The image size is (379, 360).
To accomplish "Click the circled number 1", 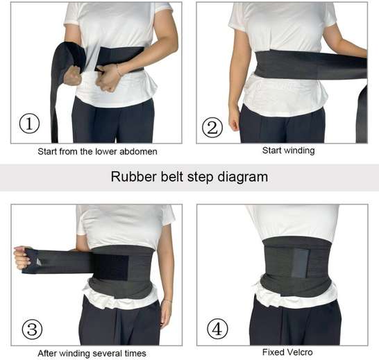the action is coord(29,123).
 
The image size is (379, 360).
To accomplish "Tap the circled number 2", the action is coord(212,128).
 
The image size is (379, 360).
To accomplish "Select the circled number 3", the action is coord(32,329).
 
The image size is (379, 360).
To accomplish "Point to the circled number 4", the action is coord(217,329).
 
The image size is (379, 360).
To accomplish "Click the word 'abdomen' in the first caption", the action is coord(138,151).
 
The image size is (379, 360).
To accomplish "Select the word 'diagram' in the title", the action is coord(243,178).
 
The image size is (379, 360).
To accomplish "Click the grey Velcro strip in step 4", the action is coord(300,263).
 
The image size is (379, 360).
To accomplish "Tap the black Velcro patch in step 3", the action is coord(110,267).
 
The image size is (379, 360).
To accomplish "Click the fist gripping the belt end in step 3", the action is coord(22,259).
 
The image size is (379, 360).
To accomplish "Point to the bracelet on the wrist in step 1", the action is coord(119,71).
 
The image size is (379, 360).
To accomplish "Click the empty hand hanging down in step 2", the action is coord(234,123).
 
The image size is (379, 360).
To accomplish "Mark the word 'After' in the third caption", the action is coord(47,354).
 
